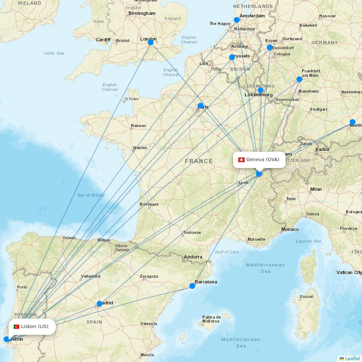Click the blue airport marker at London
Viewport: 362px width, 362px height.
(151, 42)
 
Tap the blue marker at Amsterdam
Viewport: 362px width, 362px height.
(237, 20)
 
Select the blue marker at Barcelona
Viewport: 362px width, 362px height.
(192, 286)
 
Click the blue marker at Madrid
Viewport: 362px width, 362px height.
(100, 304)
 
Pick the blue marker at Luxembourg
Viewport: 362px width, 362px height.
(260, 90)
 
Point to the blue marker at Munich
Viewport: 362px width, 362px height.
(353, 122)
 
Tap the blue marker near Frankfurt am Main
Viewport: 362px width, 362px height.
(299, 79)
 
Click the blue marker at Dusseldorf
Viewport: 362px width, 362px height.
(270, 47)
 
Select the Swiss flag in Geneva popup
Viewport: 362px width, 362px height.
(241, 160)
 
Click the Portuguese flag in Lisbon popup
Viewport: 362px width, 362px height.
(16, 327)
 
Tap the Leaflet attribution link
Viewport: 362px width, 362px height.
(352, 358)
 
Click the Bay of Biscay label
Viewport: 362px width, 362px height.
(91, 195)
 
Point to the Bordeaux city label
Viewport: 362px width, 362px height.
(149, 204)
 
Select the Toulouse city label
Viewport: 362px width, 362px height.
(192, 232)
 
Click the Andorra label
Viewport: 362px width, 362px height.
(193, 257)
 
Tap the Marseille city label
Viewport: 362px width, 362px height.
(256, 239)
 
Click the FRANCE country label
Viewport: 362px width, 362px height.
(199, 161)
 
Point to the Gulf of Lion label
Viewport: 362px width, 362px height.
(227, 252)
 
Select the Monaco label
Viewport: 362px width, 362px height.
(290, 229)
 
